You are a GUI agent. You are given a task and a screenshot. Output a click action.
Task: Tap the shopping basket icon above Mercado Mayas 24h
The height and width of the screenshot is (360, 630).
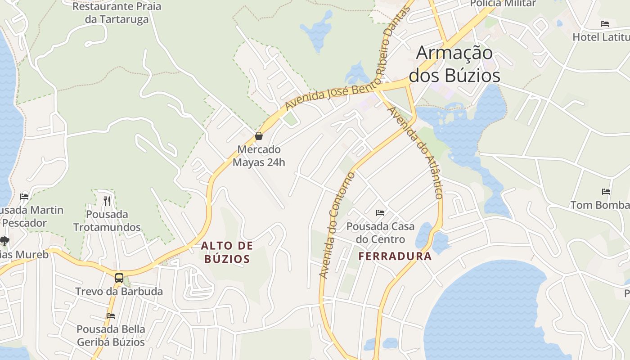(259, 135)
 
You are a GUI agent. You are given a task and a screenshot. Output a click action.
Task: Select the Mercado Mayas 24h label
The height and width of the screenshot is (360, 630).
(259, 156)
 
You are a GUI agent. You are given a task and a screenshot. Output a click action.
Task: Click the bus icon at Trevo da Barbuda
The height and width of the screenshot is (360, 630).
(119, 278)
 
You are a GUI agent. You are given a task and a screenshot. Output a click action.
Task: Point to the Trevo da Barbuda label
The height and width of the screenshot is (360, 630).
(119, 291)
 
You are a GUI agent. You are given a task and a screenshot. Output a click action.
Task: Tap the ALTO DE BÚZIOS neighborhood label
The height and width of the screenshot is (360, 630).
(227, 252)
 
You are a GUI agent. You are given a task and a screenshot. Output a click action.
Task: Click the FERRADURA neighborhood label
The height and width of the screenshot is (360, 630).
(395, 256)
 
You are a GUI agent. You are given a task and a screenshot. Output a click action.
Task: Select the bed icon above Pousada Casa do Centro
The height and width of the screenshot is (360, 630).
(380, 212)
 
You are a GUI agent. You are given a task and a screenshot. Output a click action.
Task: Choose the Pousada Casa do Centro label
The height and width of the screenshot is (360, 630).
(380, 233)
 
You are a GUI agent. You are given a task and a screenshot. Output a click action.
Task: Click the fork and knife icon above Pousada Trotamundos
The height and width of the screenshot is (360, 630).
(107, 201)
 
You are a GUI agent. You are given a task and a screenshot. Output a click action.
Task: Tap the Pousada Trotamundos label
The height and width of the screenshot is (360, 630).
(107, 220)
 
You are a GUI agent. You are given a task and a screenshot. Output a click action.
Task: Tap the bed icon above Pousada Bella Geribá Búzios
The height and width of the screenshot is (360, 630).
(111, 315)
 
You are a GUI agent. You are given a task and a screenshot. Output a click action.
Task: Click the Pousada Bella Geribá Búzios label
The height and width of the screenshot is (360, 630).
(111, 336)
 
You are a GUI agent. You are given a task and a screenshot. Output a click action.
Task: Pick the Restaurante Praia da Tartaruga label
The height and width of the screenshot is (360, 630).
(117, 13)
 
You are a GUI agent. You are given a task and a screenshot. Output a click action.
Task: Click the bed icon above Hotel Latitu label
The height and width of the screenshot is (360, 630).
(605, 23)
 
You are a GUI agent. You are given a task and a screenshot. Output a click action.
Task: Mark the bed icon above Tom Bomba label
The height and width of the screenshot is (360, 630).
(606, 191)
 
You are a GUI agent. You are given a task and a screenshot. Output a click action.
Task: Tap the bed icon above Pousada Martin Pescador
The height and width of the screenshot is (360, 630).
(24, 196)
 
